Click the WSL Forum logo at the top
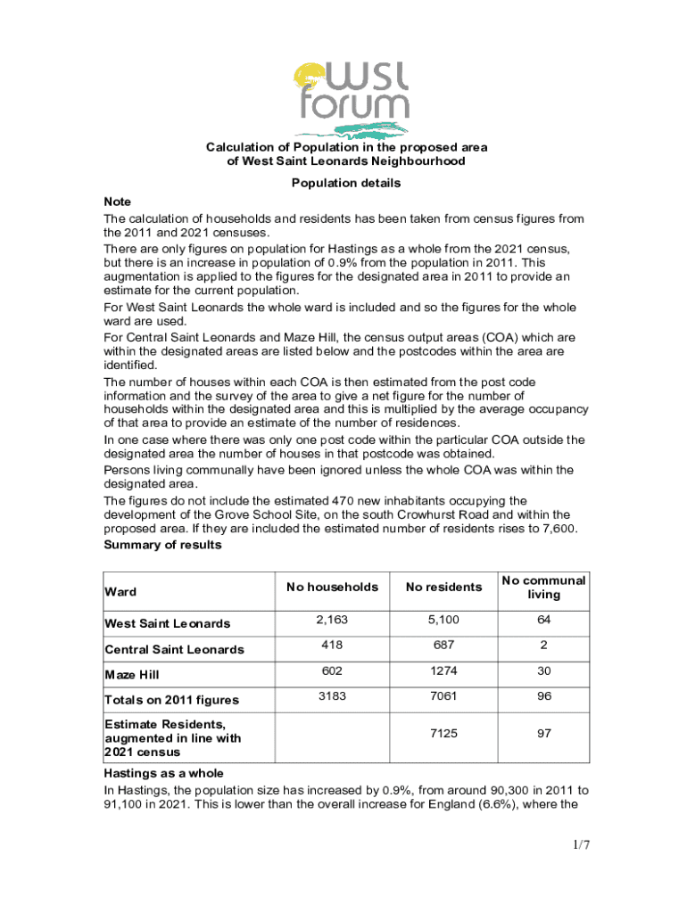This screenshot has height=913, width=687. (x=352, y=97)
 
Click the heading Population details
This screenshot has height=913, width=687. (x=346, y=184)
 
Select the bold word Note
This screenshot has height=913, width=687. (x=118, y=202)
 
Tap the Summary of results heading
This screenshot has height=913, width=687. (x=162, y=545)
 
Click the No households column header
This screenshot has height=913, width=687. (x=332, y=587)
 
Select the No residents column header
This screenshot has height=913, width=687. (x=443, y=587)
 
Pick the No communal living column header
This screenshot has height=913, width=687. (x=543, y=587)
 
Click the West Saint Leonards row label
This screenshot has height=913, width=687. (x=167, y=623)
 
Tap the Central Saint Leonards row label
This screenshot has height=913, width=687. (x=174, y=649)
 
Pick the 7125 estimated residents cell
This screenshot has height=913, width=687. (x=443, y=733)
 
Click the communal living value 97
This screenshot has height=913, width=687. (x=543, y=733)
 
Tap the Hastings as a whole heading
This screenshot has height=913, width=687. (x=163, y=773)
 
